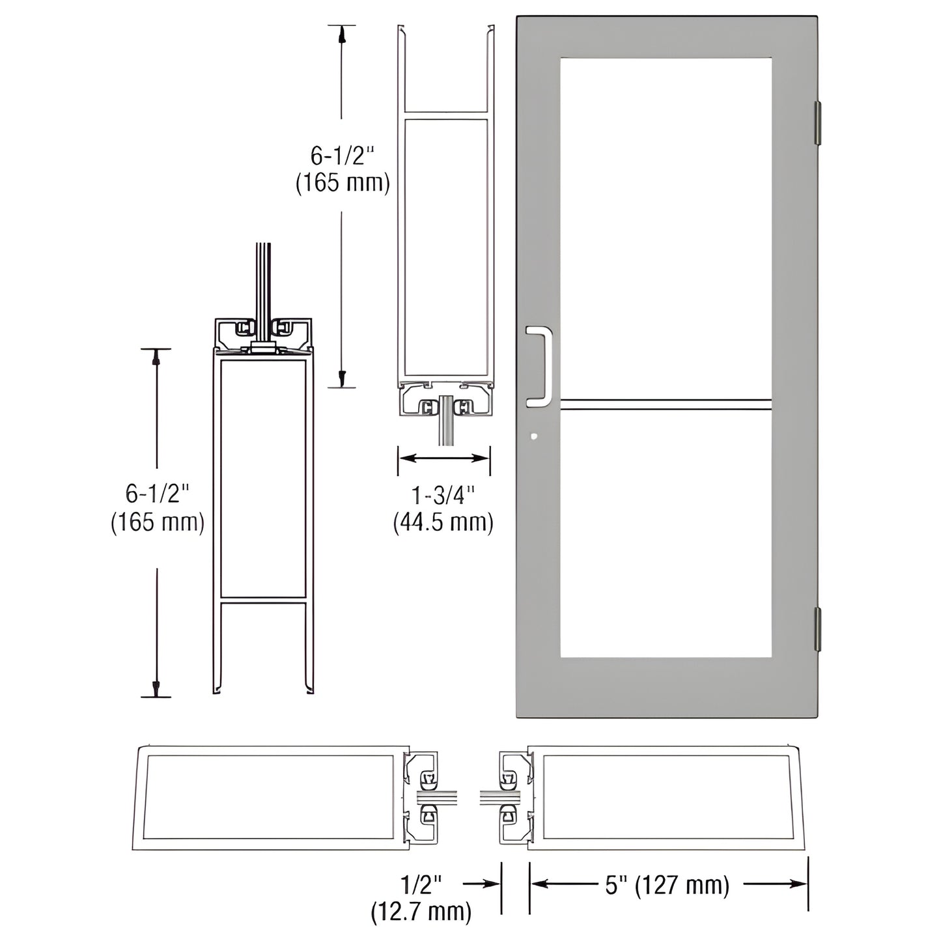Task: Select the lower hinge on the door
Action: coord(817,628)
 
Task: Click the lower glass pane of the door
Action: coord(666,534)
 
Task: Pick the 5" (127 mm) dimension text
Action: coord(667,885)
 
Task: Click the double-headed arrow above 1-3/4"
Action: coord(444,458)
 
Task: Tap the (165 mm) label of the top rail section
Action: coord(343,183)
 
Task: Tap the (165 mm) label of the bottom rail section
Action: coord(158,522)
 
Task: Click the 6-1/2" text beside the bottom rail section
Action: coord(158,494)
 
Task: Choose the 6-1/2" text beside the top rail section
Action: coord(343,156)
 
